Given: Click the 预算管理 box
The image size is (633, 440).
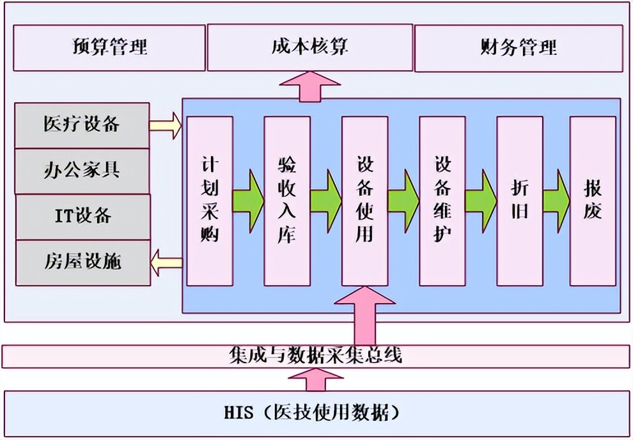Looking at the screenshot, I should (109, 47).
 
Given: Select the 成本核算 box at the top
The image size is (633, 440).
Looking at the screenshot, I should (309, 47).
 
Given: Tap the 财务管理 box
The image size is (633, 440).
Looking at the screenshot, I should (518, 47).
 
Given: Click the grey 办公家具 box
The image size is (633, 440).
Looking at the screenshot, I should (82, 170).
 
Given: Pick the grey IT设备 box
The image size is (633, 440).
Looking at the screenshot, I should (82, 216).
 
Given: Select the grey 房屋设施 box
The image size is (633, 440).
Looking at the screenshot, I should (82, 262).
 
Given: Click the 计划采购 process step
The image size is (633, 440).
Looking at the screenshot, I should (209, 201).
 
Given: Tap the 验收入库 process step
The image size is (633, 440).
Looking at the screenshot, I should (287, 201).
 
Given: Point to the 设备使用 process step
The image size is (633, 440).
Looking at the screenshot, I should (364, 201).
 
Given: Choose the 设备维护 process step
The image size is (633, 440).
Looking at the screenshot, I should (442, 201).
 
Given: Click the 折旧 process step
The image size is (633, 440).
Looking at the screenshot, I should (520, 201).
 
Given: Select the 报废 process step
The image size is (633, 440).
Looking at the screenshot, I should (593, 201).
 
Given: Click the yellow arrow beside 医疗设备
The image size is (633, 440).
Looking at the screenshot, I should (166, 125).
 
